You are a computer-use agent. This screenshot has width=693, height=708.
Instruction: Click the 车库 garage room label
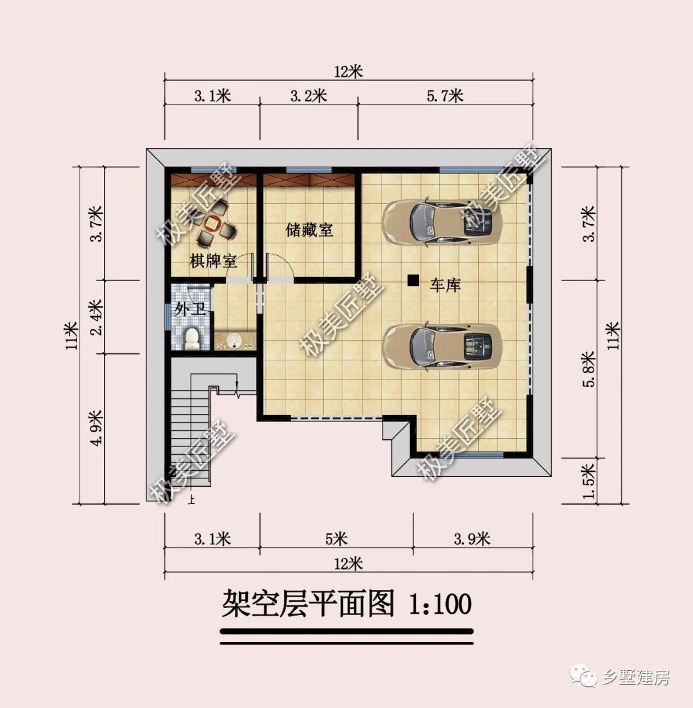pyautogui.click(x=445, y=285)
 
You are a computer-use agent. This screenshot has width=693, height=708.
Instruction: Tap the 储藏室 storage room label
pyautogui.click(x=310, y=230)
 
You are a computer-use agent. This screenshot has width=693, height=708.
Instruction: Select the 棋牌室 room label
pyautogui.click(x=214, y=261)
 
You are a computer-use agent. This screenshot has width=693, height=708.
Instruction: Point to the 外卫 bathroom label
pyautogui.click(x=190, y=310)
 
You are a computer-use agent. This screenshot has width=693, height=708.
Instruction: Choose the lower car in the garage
pyautogui.click(x=441, y=346)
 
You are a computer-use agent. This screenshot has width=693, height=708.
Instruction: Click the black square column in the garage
pyautogui.click(x=413, y=280)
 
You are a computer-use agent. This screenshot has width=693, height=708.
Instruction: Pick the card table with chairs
pyautogui.click(x=212, y=223)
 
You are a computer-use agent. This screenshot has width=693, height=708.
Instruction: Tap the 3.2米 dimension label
pyautogui.click(x=309, y=96)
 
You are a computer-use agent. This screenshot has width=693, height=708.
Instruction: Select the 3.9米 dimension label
pyautogui.click(x=472, y=538)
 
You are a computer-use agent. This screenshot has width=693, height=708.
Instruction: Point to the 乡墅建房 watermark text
pyautogui.click(x=635, y=678)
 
